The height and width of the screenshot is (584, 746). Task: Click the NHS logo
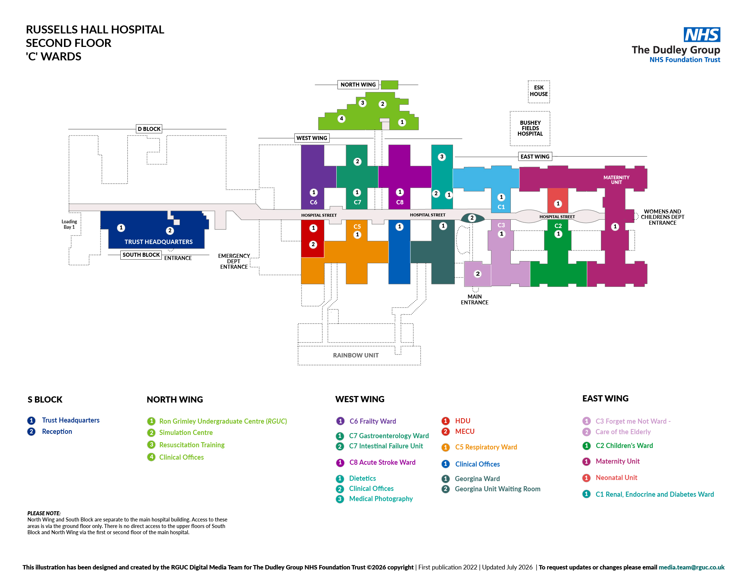coord(702,35)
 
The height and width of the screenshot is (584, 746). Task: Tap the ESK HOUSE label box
coord(539,92)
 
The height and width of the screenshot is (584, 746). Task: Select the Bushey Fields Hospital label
coord(530,128)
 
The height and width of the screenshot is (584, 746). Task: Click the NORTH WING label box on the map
coord(358,85)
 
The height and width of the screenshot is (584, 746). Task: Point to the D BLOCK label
coord(149,129)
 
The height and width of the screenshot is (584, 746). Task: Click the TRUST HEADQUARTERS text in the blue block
coord(159,242)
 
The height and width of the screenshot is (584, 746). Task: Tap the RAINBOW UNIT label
coord(356,355)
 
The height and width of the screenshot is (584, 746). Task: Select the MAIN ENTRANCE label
coord(474,300)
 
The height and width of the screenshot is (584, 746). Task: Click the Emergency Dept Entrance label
coord(234,261)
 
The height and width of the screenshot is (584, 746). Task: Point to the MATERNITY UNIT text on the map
coord(616,180)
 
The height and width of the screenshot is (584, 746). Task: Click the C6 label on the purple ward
coord(313,202)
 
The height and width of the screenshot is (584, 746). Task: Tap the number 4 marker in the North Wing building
coord(341,119)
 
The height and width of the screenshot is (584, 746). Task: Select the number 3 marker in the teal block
coord(442,157)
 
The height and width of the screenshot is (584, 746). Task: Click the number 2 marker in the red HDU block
coord(313,244)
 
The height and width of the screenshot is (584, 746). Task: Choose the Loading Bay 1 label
coord(69,224)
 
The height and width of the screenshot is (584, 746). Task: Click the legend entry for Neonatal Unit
coord(610,478)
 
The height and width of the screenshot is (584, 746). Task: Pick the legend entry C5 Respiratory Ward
coord(479,447)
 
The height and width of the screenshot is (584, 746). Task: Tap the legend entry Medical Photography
coord(374,499)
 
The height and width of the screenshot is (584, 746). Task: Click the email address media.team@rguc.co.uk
coord(691,567)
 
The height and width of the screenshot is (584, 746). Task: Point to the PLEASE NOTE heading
coord(44,513)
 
